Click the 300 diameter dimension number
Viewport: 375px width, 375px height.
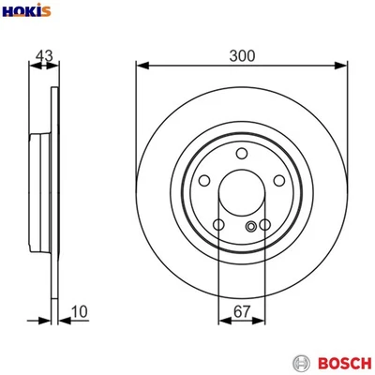242,56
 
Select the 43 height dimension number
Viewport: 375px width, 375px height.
41,56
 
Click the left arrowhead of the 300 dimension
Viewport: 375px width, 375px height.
141,66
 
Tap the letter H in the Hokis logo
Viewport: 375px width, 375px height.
8,10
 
